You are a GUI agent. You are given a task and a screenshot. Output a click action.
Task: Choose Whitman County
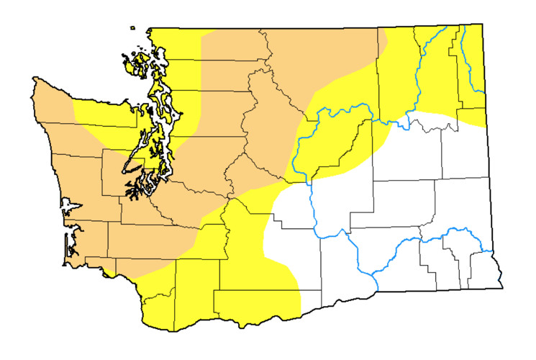tap(460, 209)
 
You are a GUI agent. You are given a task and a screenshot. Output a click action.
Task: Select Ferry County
tap(396, 72)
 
